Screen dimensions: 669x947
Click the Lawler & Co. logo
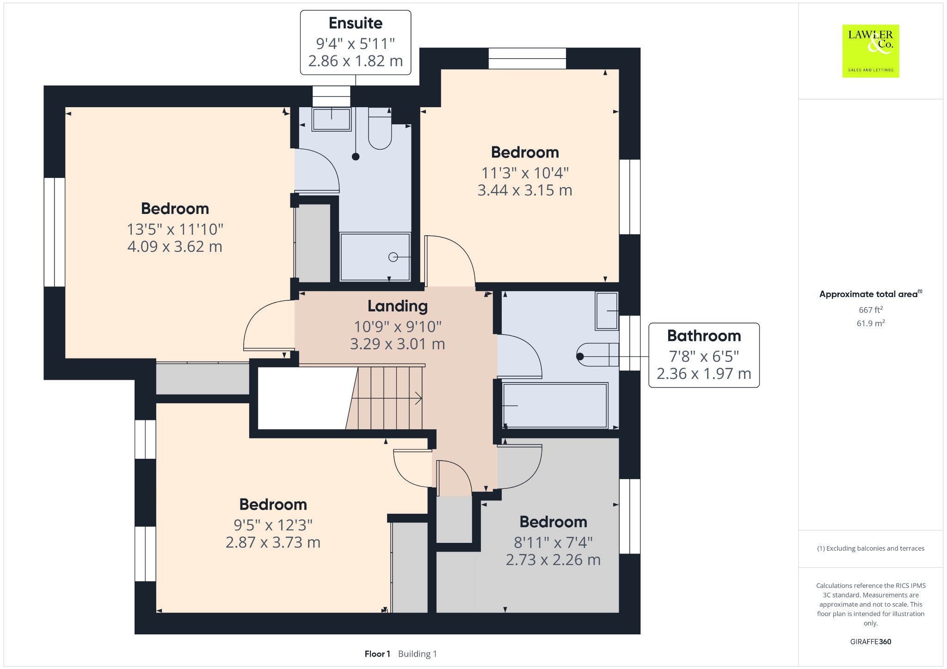870,51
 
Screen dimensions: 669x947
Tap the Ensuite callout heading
355,23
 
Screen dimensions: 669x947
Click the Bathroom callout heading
703,336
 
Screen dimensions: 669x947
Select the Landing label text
397,306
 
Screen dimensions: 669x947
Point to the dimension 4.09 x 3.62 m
175,247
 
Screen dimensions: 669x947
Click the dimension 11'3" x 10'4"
525,173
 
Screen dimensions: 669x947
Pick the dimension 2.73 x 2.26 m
553,560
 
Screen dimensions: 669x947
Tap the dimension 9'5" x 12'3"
273,525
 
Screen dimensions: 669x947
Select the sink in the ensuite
332,119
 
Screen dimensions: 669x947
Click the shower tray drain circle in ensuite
393,257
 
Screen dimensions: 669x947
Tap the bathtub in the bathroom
555,406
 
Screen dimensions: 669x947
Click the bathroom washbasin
607,311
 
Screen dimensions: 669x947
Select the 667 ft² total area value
870,310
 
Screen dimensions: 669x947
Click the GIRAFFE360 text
870,642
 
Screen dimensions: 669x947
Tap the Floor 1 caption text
377,654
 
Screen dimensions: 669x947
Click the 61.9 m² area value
870,323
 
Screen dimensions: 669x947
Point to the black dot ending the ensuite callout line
356,157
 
